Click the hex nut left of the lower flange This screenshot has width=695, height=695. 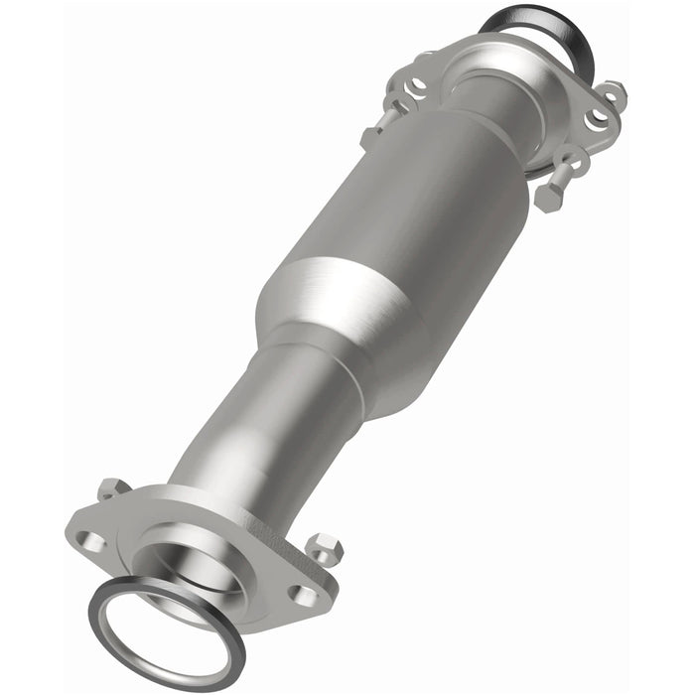pos(112,488)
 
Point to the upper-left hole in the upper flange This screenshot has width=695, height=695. pos(419,82)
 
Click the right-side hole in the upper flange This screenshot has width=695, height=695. pos(598,117)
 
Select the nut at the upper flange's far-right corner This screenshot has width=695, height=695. pos(613,92)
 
